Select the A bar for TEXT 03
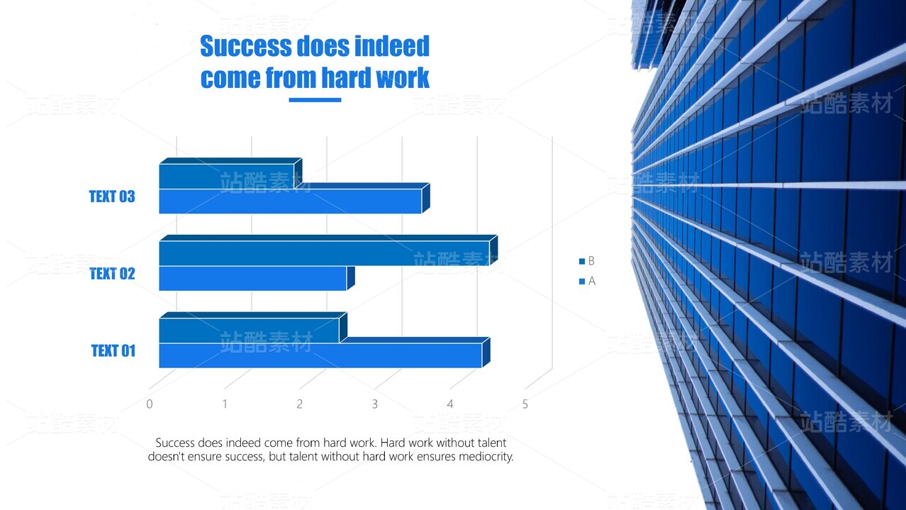coord(294,199)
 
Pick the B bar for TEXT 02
coord(328,250)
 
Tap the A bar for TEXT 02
coord(257,279)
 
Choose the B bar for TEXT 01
coord(253,328)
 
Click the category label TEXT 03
coord(112,196)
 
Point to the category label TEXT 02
coord(112,274)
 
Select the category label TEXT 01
coord(113,350)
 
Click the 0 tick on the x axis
coord(150,404)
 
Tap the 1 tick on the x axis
coord(225,404)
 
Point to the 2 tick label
coord(300,404)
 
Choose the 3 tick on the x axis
coord(375,404)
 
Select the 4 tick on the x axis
coord(450,404)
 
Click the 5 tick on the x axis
coord(525,404)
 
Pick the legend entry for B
coord(587,261)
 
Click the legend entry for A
coord(587,281)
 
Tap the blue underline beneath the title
coord(315,99)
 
